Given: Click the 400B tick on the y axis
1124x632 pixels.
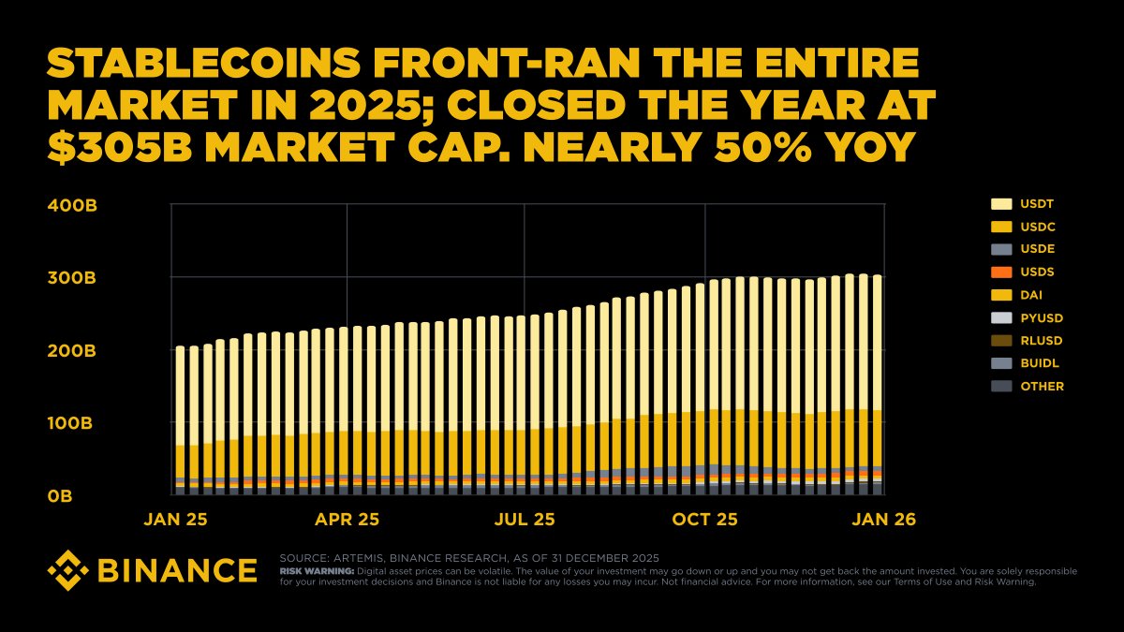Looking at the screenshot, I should tap(72, 205).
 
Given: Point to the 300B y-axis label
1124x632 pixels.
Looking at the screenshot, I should tap(72, 278).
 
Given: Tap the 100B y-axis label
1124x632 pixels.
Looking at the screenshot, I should tap(72, 423).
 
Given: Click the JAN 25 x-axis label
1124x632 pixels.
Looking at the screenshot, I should tap(177, 519).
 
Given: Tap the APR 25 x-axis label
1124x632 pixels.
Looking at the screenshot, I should tap(347, 519).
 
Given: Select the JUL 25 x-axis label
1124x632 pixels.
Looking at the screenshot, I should tap(524, 519).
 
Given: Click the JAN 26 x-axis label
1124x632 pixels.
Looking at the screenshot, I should tap(883, 519).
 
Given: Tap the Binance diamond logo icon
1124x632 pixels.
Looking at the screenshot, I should tap(67, 569).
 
